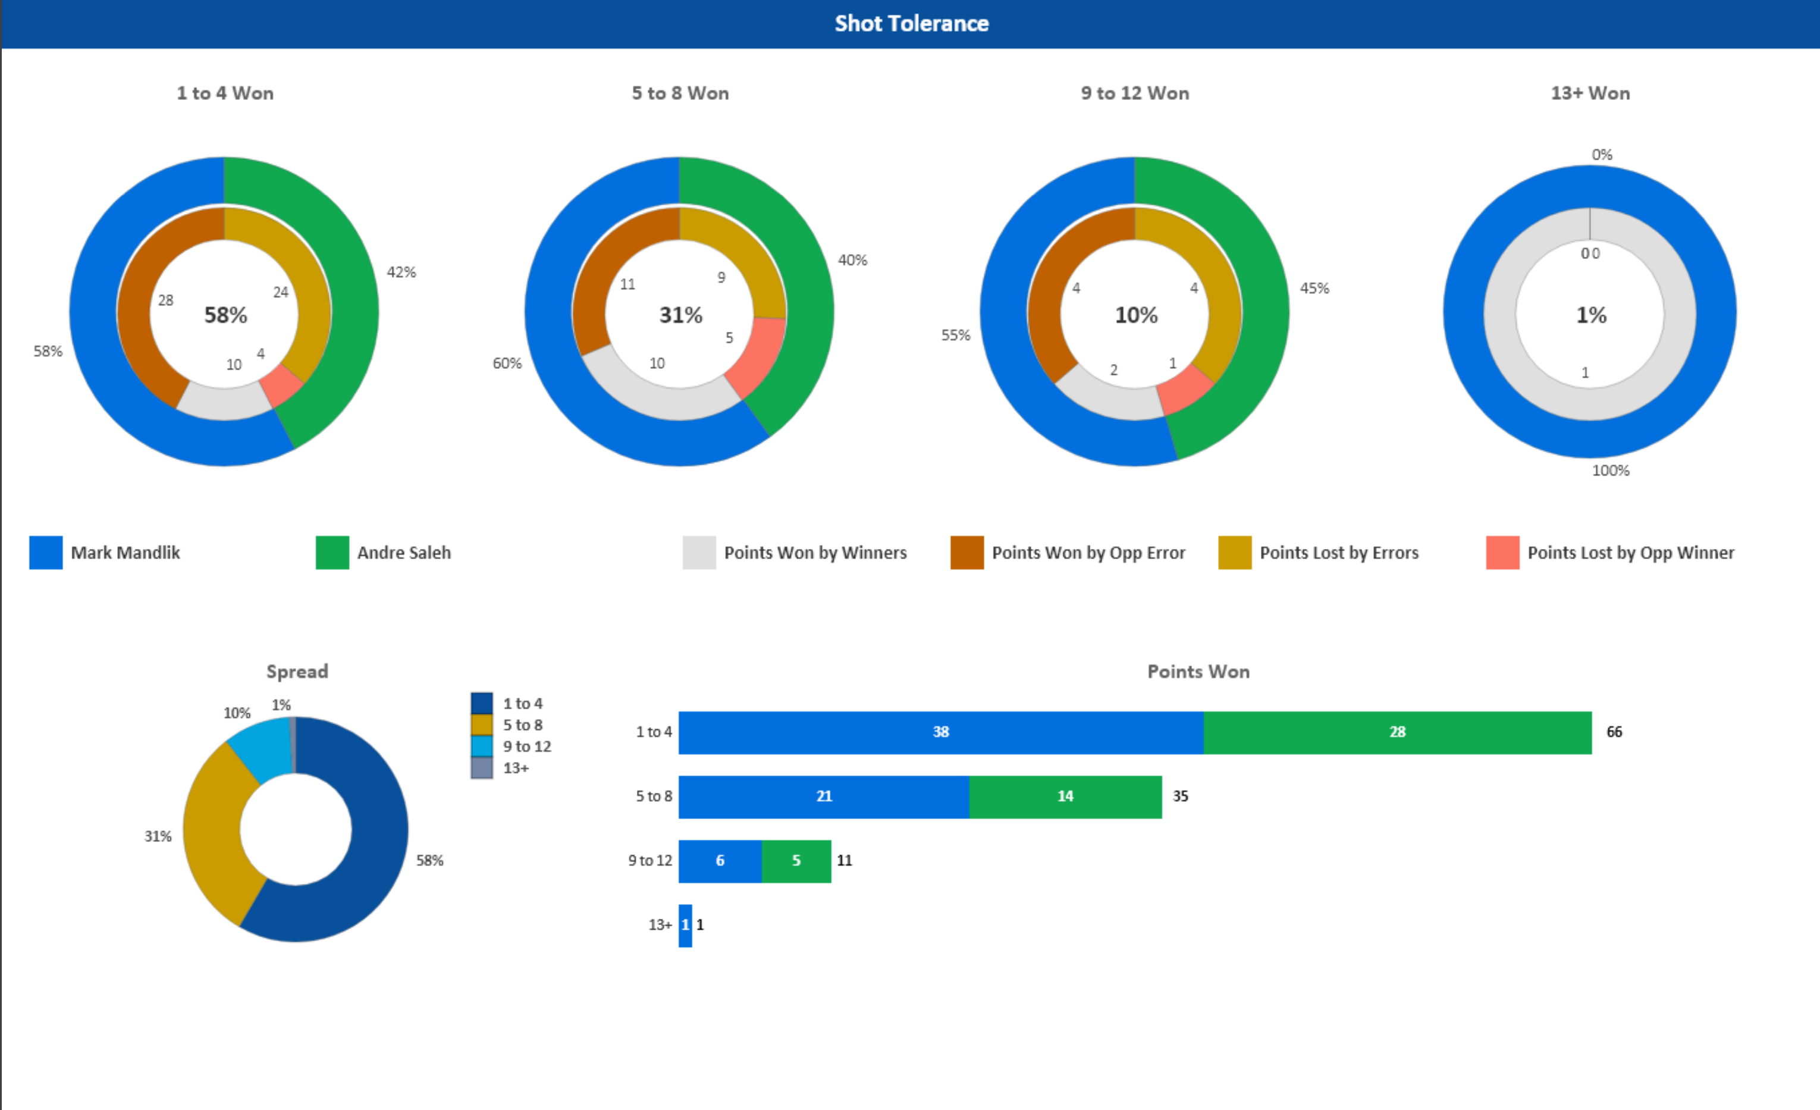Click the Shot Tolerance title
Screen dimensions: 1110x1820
click(x=911, y=24)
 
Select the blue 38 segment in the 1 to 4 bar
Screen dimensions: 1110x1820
click(x=940, y=732)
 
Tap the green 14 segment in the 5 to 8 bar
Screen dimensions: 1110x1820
click(x=1065, y=796)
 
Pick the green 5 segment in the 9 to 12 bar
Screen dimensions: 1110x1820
click(x=796, y=860)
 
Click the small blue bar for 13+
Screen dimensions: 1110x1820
click(x=685, y=924)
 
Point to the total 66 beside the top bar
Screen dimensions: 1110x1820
click(x=1614, y=732)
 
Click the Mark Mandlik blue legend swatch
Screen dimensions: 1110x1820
click(x=46, y=553)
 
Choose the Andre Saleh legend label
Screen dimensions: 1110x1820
click(x=403, y=553)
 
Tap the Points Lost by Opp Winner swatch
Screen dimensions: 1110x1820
click(x=1502, y=553)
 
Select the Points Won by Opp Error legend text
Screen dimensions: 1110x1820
click(x=1087, y=553)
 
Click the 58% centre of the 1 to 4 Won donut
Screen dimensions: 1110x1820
click(x=225, y=315)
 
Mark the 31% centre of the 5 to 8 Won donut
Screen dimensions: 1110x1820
click(x=680, y=315)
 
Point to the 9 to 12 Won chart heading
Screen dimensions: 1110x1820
click(x=1135, y=93)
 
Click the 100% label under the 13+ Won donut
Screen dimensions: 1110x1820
click(x=1609, y=471)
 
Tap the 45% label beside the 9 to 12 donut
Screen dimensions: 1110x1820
click(x=1314, y=288)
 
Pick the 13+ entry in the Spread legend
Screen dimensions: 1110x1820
click(x=516, y=768)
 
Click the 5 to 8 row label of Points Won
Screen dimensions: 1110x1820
click(x=654, y=796)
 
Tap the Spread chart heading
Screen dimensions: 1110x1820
click(x=297, y=672)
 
